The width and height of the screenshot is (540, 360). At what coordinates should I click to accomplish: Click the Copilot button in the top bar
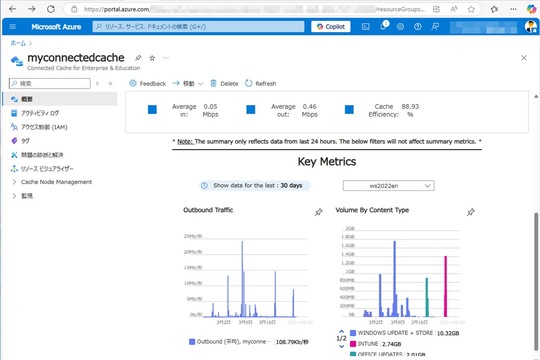[331, 27]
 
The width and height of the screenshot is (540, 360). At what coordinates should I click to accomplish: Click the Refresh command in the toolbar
[261, 83]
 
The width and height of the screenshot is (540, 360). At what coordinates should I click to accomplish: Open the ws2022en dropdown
[388, 186]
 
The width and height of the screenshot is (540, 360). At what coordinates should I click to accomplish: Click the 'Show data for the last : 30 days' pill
[255, 186]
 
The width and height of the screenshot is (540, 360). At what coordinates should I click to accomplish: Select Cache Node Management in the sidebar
[56, 182]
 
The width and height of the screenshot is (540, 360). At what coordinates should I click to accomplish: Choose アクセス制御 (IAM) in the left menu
[44, 127]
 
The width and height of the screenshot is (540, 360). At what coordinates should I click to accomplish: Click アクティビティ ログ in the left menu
[40, 113]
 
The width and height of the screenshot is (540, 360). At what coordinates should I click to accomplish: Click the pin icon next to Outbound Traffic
[319, 213]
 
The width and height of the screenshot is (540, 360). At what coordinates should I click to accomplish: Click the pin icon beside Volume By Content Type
[471, 212]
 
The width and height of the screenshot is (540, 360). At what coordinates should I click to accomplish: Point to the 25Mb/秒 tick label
[193, 236]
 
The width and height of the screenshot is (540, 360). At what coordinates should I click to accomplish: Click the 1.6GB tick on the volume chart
[348, 245]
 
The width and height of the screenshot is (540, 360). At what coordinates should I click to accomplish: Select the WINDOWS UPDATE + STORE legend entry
[395, 333]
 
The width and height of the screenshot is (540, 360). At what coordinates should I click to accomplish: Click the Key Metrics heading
[327, 162]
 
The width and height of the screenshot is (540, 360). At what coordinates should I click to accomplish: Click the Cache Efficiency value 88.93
[410, 107]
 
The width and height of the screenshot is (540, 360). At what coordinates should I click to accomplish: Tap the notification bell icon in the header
[383, 27]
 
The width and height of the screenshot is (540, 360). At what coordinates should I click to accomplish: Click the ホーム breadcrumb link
[18, 43]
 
